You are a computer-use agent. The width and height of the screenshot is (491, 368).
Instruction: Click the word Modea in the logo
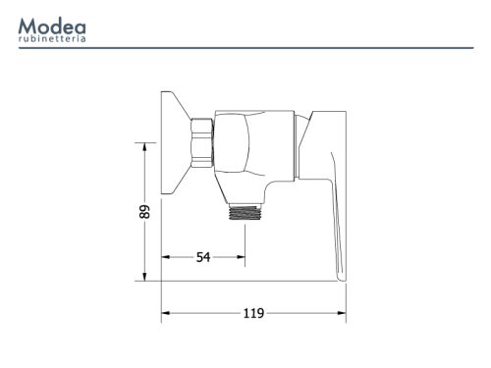[x=52, y=26]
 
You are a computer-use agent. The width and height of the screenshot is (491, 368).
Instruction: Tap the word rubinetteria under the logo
[x=52, y=39]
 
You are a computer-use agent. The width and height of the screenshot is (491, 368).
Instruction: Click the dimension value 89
[x=144, y=212]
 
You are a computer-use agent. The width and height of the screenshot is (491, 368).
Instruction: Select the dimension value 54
[x=203, y=257]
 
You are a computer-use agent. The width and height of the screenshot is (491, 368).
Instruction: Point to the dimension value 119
[x=253, y=313]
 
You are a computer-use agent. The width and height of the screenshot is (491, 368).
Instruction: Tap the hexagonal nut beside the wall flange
[x=202, y=143]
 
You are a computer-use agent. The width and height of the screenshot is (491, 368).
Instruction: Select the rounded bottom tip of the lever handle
[x=341, y=279]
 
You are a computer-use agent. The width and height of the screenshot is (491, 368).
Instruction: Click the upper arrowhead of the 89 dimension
[x=144, y=146]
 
